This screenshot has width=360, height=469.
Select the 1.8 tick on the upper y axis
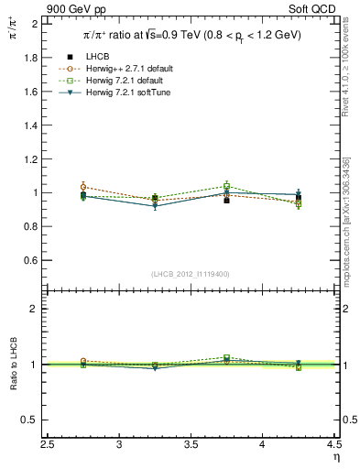[29, 57]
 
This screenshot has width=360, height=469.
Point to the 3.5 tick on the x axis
[191, 444]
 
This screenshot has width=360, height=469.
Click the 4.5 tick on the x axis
[333, 444]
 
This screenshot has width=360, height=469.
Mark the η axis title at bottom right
[335, 456]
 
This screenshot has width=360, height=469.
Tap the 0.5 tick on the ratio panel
[29, 420]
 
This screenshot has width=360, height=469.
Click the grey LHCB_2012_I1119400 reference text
[190, 274]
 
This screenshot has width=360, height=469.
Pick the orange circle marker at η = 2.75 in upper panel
[84, 187]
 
